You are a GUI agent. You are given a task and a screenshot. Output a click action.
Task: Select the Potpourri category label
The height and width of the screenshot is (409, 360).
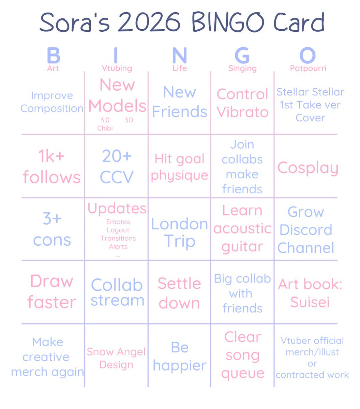(308, 68)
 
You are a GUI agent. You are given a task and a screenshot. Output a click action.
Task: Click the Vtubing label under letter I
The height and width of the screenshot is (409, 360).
(117, 68)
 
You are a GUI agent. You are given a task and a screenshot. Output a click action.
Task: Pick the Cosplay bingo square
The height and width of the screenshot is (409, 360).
(307, 168)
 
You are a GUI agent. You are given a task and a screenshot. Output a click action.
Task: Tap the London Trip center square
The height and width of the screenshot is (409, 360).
(179, 232)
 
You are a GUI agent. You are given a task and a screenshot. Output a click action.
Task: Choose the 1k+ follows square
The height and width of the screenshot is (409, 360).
(52, 167)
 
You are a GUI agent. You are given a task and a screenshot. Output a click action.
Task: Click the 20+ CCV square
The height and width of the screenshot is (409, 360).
(117, 167)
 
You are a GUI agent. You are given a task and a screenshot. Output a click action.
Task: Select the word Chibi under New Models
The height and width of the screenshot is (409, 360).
(105, 128)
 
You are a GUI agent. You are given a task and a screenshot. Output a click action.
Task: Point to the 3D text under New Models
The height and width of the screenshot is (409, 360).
(129, 120)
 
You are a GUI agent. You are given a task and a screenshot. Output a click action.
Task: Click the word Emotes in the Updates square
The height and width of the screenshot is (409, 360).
(118, 222)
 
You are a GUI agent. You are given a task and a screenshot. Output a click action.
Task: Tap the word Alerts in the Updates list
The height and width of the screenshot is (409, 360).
(118, 246)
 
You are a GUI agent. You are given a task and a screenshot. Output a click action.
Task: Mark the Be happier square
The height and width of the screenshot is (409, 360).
(179, 356)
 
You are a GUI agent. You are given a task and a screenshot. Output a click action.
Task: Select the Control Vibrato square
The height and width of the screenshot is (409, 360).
(242, 103)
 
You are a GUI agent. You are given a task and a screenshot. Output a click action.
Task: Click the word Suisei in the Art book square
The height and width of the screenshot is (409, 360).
(310, 302)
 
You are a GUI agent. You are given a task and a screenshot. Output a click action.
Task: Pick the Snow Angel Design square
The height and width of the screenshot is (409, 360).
(116, 358)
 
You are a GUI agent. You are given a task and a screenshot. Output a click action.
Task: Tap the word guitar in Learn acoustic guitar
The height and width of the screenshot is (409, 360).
(242, 247)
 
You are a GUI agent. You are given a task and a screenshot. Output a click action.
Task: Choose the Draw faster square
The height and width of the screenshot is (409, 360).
(52, 292)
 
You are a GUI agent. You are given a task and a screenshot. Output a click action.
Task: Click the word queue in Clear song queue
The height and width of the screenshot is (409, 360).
(242, 374)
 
